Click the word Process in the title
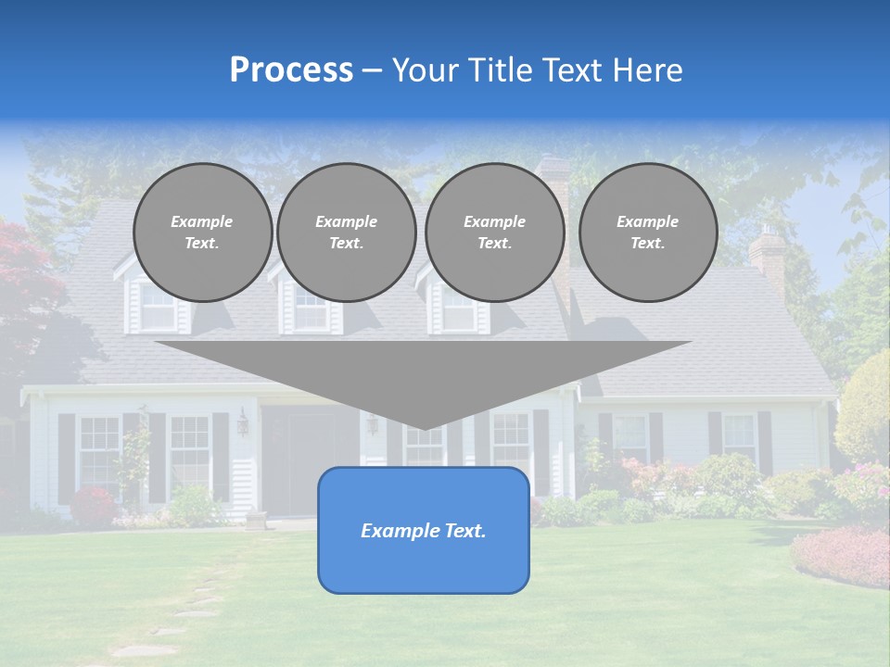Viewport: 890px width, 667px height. pyautogui.click(x=291, y=70)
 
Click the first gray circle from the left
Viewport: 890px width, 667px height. pyautogui.click(x=202, y=233)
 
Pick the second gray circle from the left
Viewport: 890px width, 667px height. pyautogui.click(x=346, y=233)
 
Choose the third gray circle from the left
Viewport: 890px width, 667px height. pyautogui.click(x=494, y=233)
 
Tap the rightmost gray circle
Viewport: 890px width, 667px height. pyautogui.click(x=647, y=233)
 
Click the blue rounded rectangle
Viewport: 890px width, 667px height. pyautogui.click(x=423, y=565)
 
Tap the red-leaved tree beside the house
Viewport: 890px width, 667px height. pyautogui.click(x=23, y=278)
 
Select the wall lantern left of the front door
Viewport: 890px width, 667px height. pyautogui.click(x=243, y=422)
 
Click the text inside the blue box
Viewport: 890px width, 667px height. pyautogui.click(x=423, y=531)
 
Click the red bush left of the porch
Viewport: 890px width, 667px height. pyautogui.click(x=93, y=506)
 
